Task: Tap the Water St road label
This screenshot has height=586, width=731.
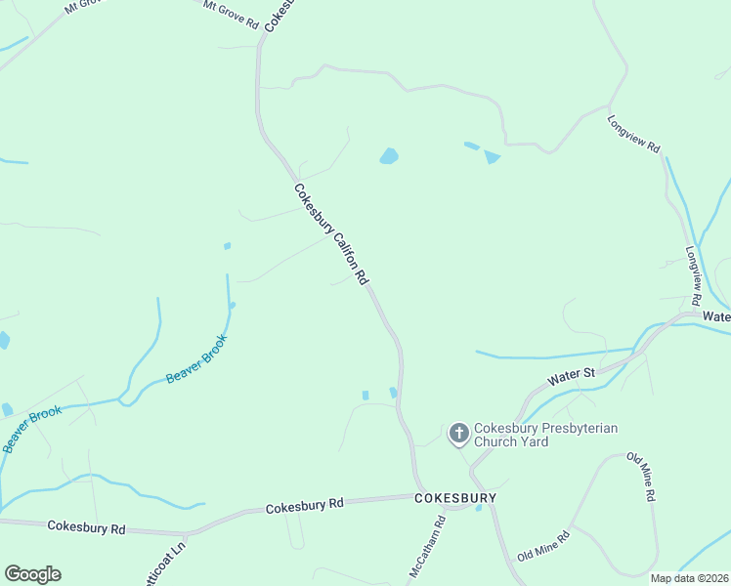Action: [x=571, y=374]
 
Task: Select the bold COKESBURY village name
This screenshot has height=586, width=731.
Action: [x=454, y=498]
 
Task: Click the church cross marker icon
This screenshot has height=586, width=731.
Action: [x=458, y=433]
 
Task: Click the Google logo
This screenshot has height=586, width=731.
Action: [x=32, y=574]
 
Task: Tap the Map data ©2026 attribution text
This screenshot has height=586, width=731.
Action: [x=688, y=578]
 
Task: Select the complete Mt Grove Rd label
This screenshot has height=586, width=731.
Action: [x=231, y=15]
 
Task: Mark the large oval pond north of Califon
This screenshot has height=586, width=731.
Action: [x=389, y=156]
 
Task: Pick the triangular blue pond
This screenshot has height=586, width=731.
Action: [x=492, y=156]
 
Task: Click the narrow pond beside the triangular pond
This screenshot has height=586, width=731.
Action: [x=472, y=146]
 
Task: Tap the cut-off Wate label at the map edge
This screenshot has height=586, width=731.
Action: [x=716, y=316]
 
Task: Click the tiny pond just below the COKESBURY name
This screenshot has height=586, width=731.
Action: [x=478, y=508]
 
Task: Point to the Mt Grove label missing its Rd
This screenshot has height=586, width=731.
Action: [x=83, y=7]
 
